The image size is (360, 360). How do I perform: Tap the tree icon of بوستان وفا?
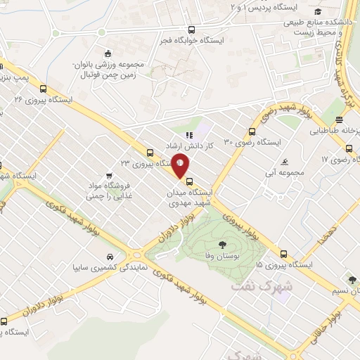[x=222, y=245]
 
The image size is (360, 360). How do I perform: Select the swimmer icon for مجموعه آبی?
[x=284, y=161]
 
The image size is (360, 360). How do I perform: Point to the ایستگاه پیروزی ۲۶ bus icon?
[x=44, y=89]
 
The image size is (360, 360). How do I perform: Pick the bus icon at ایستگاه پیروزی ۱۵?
[x=283, y=255]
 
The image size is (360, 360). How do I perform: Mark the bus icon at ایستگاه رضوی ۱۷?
[x=349, y=148]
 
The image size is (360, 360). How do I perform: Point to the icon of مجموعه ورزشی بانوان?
[x=107, y=54]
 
